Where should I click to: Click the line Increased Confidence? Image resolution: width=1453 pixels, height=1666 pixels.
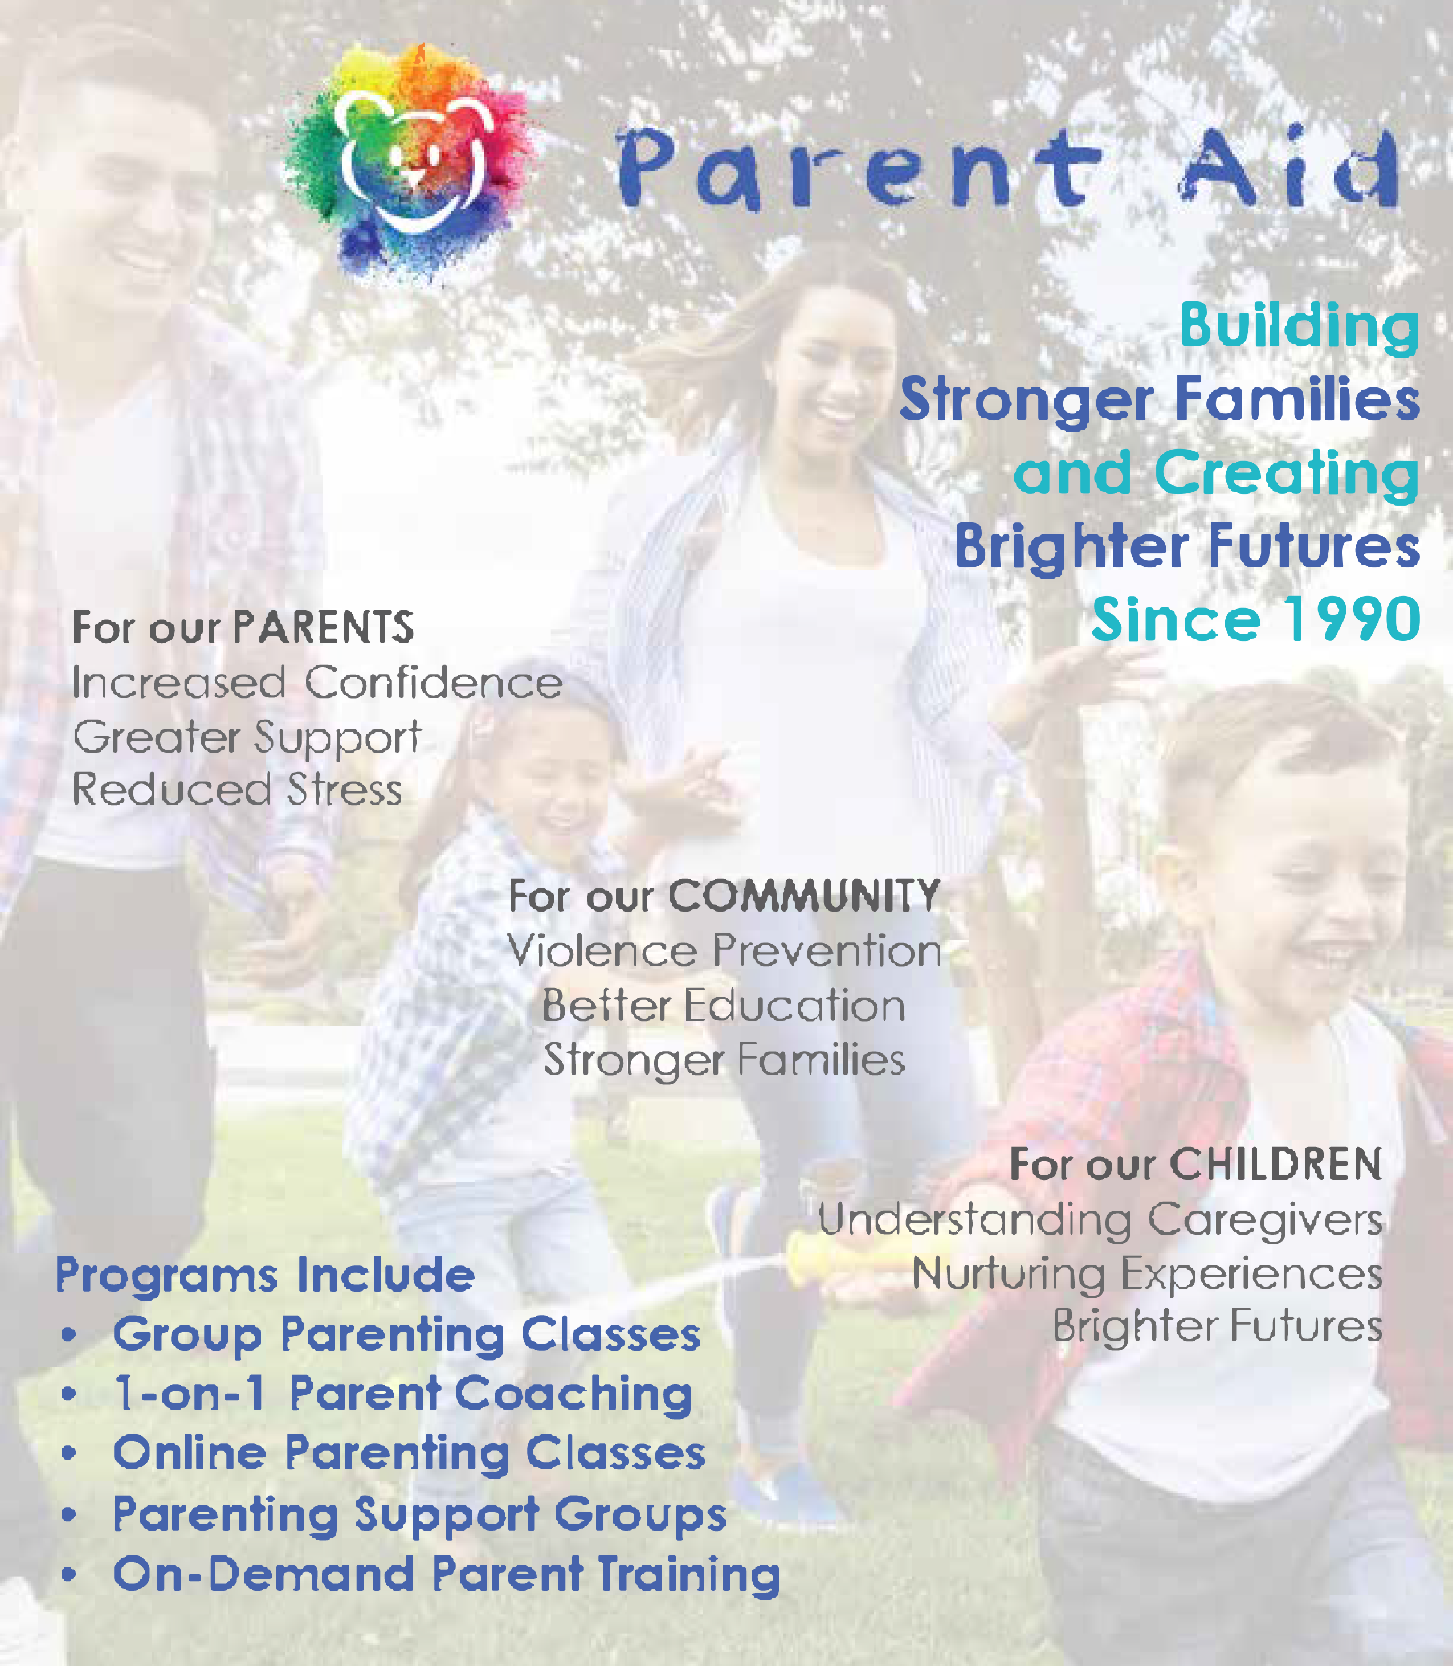pos(317,683)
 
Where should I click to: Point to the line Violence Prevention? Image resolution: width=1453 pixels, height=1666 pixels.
pos(724,951)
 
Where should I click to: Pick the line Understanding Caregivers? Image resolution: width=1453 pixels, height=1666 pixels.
pos(1100,1219)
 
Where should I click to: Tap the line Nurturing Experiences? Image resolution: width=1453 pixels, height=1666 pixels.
pos(1146,1273)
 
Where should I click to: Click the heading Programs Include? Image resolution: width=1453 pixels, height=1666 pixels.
pos(265,1275)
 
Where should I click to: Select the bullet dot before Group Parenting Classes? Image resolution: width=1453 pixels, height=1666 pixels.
pos(69,1334)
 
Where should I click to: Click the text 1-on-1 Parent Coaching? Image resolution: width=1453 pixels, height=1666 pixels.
pos(403,1394)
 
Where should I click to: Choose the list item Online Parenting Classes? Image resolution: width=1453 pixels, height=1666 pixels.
pos(409,1453)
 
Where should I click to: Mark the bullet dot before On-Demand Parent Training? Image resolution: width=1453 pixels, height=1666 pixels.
pos(69,1574)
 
